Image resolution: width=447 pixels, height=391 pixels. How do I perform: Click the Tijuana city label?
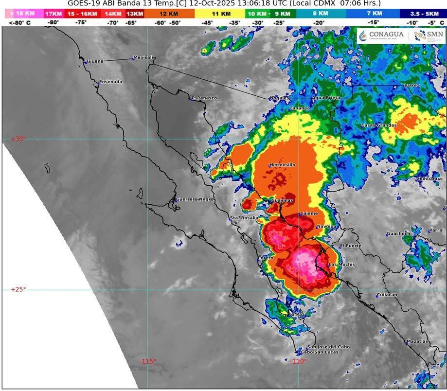(x=94, y=61)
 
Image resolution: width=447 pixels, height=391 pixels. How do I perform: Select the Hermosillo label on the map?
(x=282, y=165)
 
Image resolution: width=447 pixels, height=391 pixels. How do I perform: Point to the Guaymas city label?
(x=283, y=200)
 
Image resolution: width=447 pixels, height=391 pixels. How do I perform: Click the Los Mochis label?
(x=342, y=265)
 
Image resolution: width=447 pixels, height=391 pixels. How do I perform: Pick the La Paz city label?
(x=297, y=315)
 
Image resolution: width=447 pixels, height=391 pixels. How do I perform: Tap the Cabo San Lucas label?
(x=317, y=352)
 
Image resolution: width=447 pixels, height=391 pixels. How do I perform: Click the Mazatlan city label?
(x=417, y=341)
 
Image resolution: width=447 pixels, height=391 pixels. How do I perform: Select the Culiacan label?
(x=387, y=295)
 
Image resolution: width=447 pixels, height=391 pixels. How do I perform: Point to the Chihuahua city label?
(x=429, y=179)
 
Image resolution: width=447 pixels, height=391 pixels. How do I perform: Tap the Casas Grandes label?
(x=378, y=125)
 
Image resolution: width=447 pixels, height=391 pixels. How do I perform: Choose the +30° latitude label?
(x=18, y=139)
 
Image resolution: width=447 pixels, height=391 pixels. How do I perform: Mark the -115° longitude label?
(x=148, y=361)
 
